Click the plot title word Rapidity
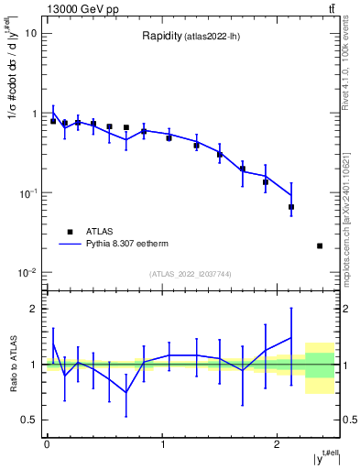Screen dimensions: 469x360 coord(160,37)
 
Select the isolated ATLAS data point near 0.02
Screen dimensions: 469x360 coord(319,245)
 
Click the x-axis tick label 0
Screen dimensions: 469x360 coord(47,443)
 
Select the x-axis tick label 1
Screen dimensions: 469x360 coord(162,443)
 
